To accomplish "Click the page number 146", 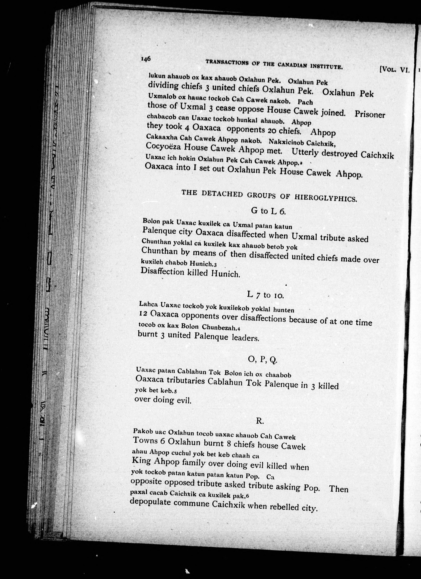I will (x=145, y=59).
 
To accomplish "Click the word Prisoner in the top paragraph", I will (x=369, y=114).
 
